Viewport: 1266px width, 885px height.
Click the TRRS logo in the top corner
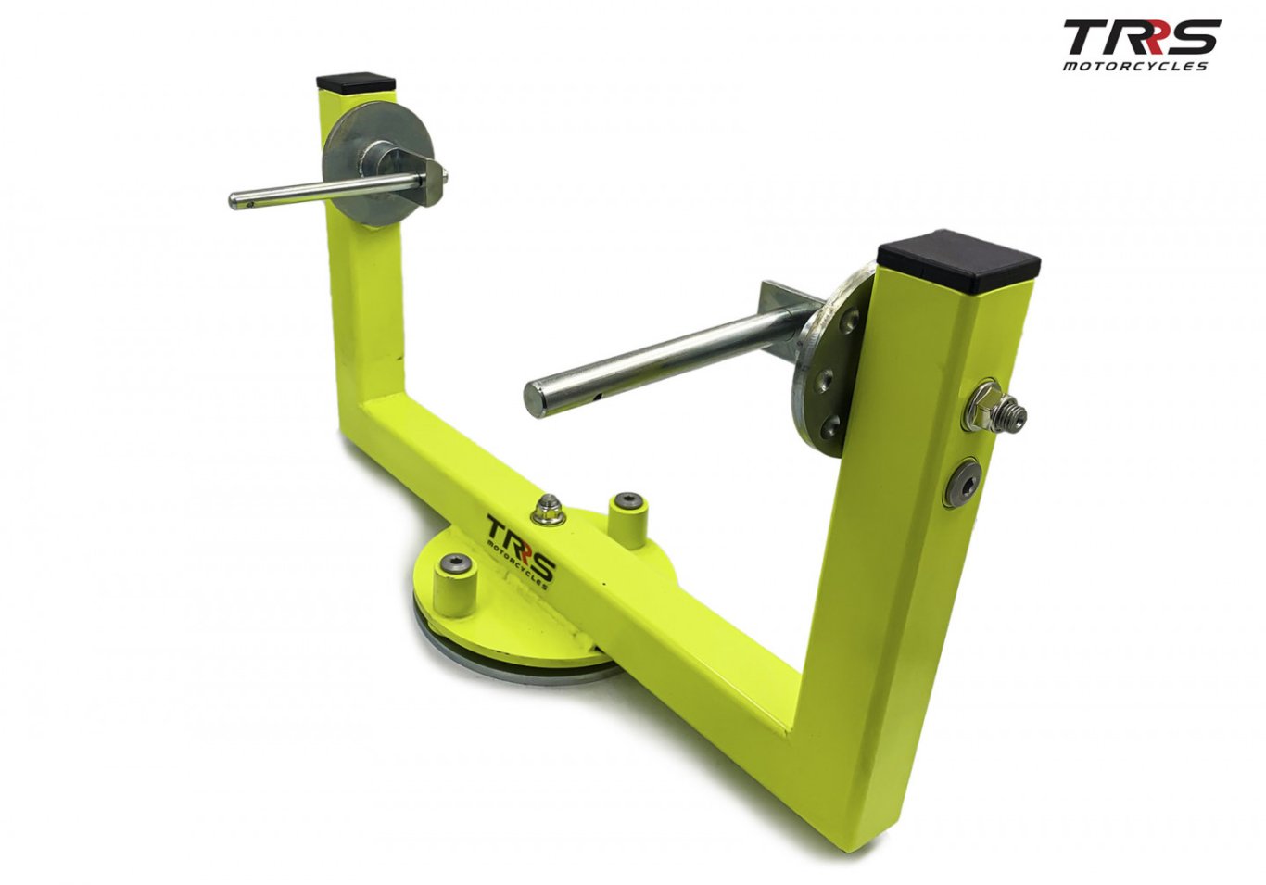click(1141, 45)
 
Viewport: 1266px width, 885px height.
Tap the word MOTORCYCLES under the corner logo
click(1135, 66)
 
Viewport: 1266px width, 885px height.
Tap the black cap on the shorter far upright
click(356, 82)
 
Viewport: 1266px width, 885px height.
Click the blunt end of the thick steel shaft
click(536, 398)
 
